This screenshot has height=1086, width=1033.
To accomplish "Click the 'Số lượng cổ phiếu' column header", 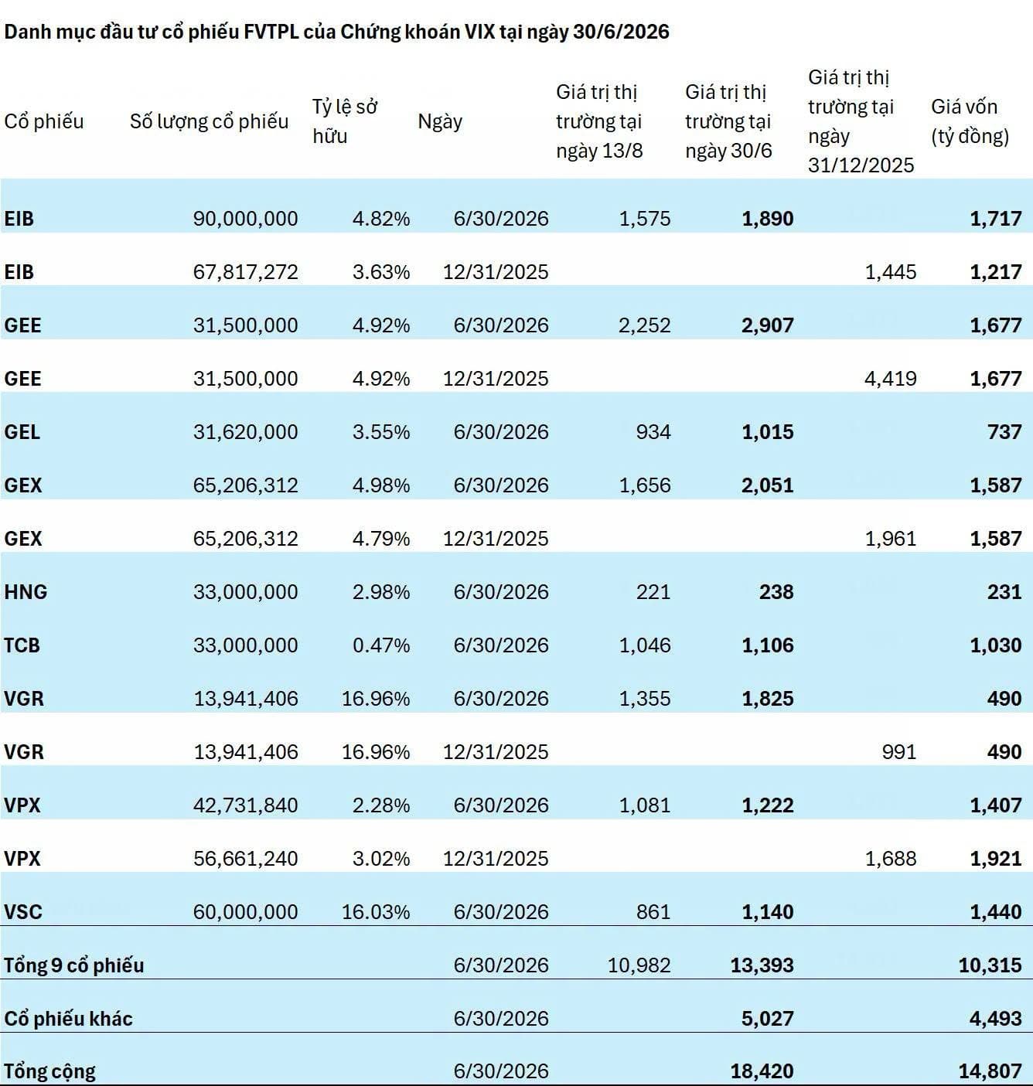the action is [209, 121].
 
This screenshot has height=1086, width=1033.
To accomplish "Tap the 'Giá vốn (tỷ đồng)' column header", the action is [970, 121].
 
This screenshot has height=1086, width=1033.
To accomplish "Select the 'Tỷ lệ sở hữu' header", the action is [345, 121].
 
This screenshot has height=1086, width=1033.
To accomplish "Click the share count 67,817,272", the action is [245, 272].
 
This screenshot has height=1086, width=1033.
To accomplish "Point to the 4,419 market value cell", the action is [891, 379].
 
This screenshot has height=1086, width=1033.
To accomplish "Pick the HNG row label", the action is [26, 591].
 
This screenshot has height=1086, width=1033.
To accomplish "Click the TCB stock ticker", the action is [22, 645].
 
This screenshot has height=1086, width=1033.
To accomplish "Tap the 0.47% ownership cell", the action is [381, 645].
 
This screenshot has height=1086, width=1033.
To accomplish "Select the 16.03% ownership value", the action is [376, 911].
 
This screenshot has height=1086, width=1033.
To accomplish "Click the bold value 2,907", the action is [768, 325].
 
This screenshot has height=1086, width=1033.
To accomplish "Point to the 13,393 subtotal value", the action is [762, 965].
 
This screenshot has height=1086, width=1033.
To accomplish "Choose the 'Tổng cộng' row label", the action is [49, 1071].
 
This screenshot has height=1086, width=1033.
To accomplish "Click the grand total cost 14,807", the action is [990, 1071].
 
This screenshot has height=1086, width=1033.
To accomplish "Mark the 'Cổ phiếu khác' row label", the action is [69, 1019].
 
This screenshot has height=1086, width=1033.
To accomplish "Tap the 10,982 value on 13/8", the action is [639, 965].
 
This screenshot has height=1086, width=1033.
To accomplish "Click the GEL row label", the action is [22, 432].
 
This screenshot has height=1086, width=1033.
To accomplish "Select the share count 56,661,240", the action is [245, 859].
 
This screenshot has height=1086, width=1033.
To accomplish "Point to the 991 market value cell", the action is [899, 752].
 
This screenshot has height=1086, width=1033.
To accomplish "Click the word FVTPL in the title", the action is [271, 32].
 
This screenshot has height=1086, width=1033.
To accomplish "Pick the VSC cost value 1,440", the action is [996, 911].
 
